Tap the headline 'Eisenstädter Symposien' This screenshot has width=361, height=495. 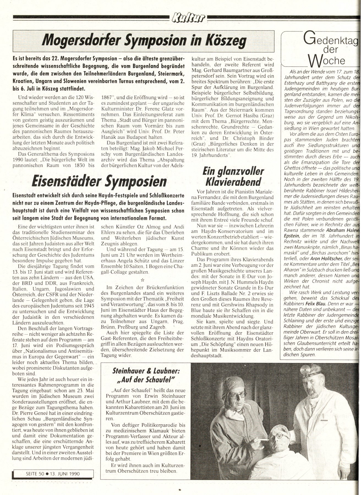coord(99,182)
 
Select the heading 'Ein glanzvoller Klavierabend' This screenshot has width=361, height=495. coord(233,177)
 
